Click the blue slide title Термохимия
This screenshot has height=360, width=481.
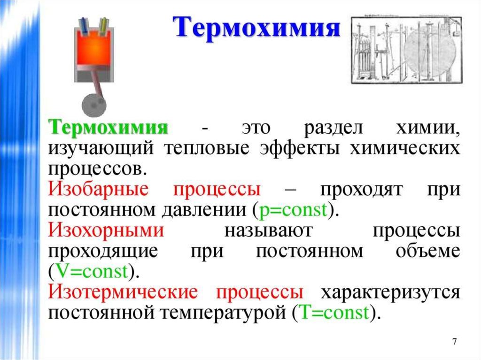tap(258, 27)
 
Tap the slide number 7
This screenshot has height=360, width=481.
tap(454, 341)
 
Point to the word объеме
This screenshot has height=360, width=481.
tap(427, 251)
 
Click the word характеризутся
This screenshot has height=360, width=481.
tap(389, 292)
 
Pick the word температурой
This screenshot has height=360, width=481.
tap(227, 312)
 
